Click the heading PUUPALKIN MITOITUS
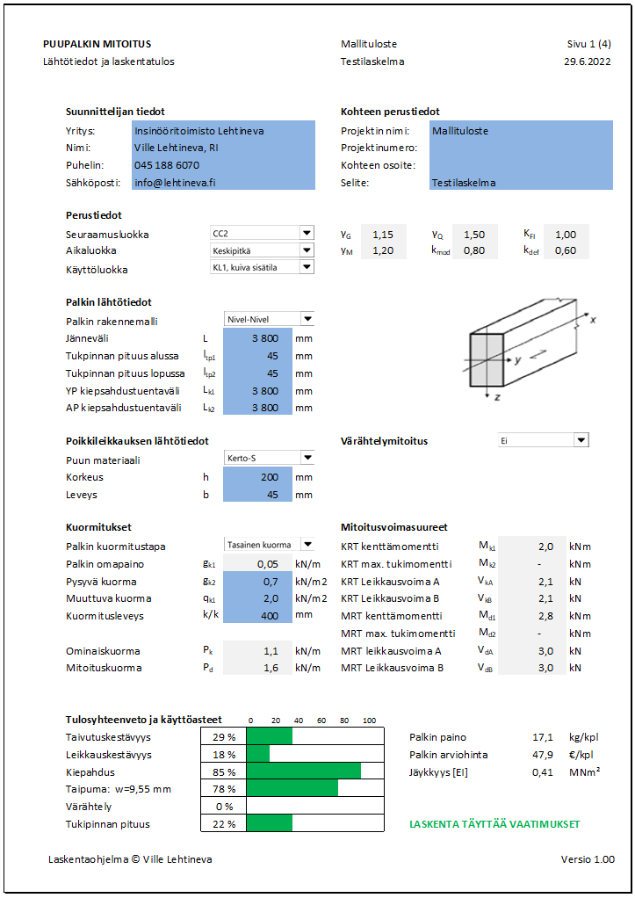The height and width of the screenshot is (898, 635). click(x=96, y=44)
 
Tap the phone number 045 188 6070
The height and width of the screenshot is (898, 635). click(x=167, y=165)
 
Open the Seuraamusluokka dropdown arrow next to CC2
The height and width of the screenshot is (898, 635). click(x=306, y=233)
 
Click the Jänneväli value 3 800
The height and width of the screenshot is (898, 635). click(x=255, y=339)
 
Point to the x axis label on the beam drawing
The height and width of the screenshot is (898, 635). click(x=594, y=320)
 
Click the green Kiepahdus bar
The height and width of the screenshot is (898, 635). click(x=303, y=771)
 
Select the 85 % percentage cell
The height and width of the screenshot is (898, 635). click(x=223, y=771)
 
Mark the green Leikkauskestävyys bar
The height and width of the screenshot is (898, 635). click(x=258, y=754)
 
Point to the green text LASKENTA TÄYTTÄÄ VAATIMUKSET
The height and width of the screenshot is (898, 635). click(x=494, y=824)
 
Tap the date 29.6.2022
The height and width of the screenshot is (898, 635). click(x=588, y=62)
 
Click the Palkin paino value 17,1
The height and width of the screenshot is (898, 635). click(x=541, y=737)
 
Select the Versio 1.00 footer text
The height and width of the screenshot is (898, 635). click(x=588, y=859)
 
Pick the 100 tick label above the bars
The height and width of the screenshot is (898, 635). click(x=369, y=719)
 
